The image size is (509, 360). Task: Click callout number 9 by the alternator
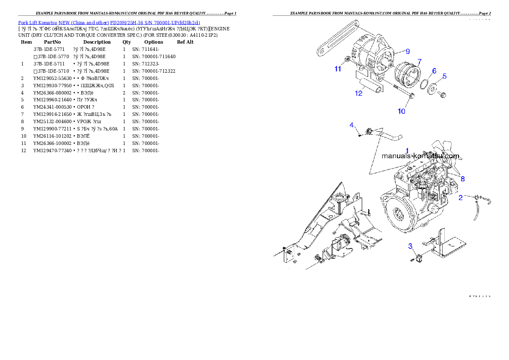(x=407, y=51)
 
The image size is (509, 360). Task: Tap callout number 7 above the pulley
(x=419, y=62)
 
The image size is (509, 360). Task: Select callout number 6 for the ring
(x=434, y=71)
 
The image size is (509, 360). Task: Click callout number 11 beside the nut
(x=338, y=68)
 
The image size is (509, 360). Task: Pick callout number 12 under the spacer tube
(x=358, y=93)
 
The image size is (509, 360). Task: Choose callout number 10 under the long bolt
(x=401, y=111)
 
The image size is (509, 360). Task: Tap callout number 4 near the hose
(x=352, y=125)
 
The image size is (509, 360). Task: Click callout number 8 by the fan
(x=462, y=179)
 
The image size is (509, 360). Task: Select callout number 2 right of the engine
(x=460, y=198)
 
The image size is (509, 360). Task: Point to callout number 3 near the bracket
(x=410, y=246)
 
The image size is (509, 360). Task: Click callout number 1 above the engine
(x=407, y=150)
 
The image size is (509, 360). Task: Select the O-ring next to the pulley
(x=424, y=85)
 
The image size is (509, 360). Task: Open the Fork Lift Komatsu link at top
(x=109, y=22)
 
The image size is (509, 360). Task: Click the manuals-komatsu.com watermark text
(x=420, y=156)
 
